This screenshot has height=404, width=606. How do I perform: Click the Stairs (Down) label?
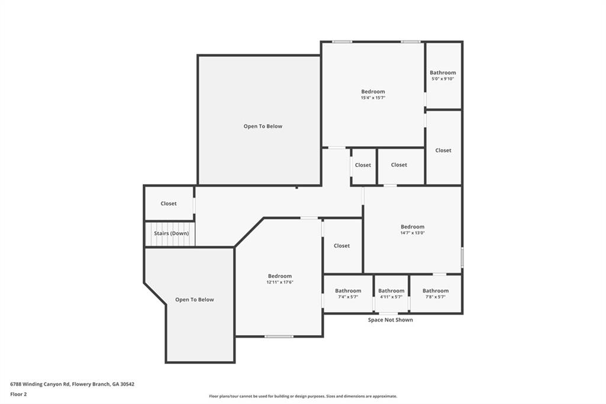coord(171,233)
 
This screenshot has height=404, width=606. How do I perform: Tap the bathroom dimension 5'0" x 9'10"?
coord(443,79)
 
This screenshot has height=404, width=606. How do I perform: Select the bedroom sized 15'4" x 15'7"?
coord(373,95)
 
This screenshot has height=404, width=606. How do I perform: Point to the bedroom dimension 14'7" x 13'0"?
coord(412,233)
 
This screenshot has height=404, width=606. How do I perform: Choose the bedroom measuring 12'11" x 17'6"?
coord(279,279)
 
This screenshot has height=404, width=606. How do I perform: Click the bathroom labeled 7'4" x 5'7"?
coord(348,293)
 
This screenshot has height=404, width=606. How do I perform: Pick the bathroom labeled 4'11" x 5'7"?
coord(391,293)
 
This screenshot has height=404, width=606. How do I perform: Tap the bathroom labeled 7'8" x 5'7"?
coord(436,293)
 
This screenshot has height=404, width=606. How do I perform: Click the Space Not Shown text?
coord(391,320)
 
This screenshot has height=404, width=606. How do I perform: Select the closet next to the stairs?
coord(169,204)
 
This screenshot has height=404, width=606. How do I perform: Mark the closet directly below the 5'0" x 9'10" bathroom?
coord(443,150)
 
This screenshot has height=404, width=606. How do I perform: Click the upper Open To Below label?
coord(263,126)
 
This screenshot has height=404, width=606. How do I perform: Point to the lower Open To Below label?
coord(194,300)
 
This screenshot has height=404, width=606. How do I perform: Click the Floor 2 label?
coord(18,394)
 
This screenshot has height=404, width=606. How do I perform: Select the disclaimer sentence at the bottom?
coord(302,396)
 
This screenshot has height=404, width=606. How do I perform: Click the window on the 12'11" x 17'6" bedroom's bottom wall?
coord(279,336)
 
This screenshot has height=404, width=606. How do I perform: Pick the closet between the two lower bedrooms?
coord(341,246)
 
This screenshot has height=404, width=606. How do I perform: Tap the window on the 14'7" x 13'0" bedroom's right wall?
coord(462,258)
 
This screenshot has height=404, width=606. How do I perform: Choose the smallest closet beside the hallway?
coord(363,165)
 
